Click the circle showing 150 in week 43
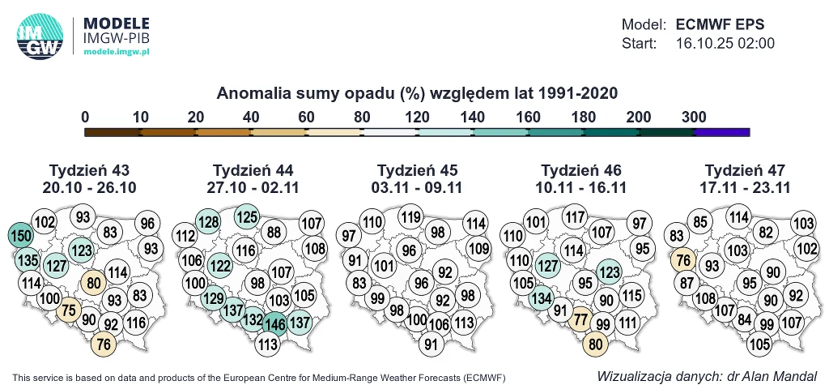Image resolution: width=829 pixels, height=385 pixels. coord(20,235)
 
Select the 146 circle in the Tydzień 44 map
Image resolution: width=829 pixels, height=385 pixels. coord(273,322)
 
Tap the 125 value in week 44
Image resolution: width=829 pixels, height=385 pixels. coord(248,216)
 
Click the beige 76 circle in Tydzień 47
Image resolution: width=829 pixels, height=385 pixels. coord(683,261)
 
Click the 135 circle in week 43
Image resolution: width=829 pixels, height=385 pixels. coord(27,261)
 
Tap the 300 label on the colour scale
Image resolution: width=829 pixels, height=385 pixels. coord(694,117)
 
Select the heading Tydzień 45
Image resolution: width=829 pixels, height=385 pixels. coord(418,170)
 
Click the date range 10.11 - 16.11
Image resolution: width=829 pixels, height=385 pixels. coord(581,187)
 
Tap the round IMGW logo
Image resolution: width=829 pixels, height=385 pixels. coord(40,37)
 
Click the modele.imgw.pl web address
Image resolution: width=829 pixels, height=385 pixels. coord(117,51)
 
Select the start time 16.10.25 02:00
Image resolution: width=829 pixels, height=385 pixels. coord(725,43)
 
